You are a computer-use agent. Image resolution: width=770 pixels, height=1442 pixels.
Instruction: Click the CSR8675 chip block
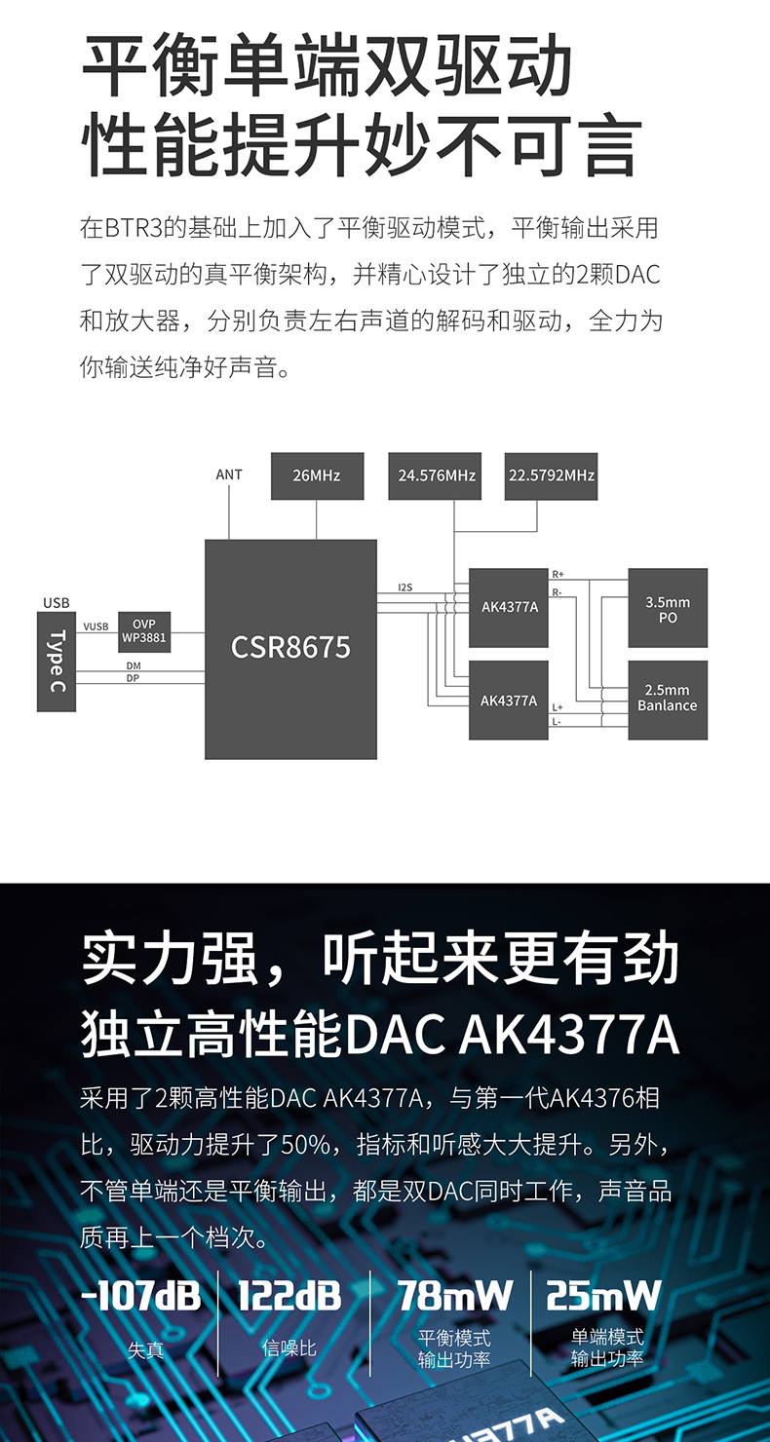290,649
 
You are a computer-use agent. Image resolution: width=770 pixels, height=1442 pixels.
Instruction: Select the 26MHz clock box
317,475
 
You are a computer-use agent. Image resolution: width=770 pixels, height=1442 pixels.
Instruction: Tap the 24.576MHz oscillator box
437,475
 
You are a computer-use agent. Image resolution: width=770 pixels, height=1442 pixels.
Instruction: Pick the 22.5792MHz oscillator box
551,475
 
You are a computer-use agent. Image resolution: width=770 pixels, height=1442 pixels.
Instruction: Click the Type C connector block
57,662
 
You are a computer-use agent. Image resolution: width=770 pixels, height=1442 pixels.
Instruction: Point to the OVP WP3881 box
144,631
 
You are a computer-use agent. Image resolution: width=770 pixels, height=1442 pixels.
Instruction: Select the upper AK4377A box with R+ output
509,607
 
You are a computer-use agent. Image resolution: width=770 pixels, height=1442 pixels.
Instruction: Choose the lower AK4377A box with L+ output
509,700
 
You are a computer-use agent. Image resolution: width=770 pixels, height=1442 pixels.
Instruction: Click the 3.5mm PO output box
668,609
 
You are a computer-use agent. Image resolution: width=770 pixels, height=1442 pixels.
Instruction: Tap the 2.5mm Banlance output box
668,699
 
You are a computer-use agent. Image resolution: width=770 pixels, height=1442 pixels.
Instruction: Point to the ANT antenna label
229,474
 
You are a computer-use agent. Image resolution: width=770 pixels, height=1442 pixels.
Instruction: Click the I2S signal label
405,588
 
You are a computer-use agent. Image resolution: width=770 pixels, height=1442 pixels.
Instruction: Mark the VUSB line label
96,626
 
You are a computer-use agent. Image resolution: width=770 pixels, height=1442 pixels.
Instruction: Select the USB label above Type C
57,603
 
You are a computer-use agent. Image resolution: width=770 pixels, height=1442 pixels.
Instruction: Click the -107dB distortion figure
142,1296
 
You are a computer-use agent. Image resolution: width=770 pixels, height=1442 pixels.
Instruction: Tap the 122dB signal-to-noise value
290,1296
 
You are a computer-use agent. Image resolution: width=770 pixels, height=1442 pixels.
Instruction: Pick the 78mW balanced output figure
454,1296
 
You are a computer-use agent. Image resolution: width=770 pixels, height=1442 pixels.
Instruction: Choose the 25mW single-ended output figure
604,1296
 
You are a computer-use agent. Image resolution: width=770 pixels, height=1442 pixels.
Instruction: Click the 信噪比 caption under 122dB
290,1348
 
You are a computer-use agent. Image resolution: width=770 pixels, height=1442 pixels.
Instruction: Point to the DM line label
134,665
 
